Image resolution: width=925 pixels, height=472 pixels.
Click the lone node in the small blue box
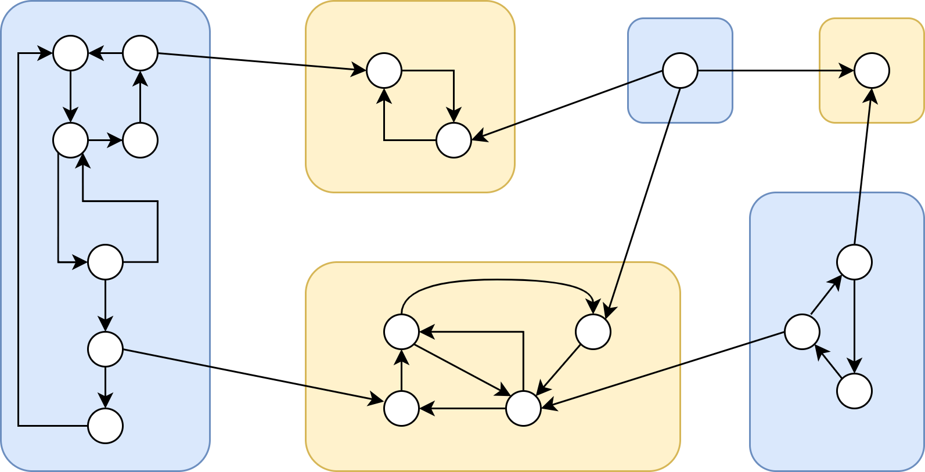680,70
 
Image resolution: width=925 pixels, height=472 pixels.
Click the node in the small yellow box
872,70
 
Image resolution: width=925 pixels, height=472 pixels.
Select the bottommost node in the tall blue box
105,426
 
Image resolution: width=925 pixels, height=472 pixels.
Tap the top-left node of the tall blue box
70,53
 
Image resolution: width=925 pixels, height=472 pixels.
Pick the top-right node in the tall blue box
140,53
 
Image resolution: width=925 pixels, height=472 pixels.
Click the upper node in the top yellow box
384,70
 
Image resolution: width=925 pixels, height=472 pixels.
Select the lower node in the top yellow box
453,140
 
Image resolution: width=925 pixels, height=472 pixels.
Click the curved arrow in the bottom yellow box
497,280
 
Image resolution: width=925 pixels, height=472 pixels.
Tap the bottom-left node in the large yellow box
401,408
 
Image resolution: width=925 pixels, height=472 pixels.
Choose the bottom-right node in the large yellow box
523,408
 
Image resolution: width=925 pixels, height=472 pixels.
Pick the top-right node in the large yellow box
593,332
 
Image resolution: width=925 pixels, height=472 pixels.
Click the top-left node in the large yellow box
401,332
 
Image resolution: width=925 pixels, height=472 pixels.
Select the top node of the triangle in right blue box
854,262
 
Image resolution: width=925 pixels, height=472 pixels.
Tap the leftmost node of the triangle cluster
802,332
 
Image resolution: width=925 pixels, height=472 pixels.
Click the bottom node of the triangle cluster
854,391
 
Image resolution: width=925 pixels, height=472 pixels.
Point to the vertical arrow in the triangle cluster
854,325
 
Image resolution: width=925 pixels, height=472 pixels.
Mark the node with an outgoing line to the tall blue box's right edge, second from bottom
105,349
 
